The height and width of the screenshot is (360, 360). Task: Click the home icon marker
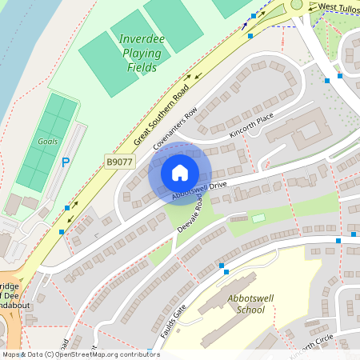(180, 172)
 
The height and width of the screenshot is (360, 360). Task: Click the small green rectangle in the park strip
(258, 218)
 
